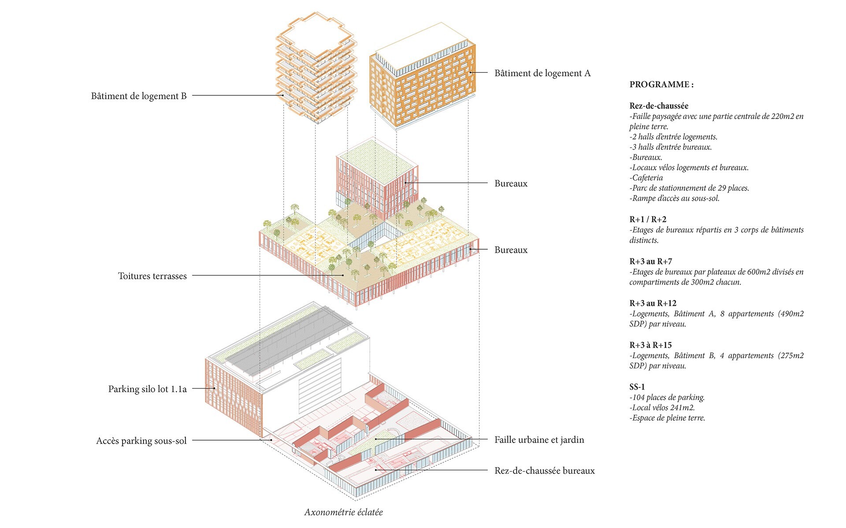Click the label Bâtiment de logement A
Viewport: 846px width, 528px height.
(542, 73)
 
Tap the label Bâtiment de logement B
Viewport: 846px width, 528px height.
(139, 96)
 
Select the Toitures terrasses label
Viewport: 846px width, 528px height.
(152, 276)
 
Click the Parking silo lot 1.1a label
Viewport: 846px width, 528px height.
(147, 389)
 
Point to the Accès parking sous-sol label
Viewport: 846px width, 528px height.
(141, 441)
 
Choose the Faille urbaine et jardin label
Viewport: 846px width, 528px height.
(539, 440)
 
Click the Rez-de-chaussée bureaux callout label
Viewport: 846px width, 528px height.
(544, 471)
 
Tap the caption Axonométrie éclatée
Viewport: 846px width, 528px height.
(343, 512)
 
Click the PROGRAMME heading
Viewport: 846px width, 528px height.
(661, 85)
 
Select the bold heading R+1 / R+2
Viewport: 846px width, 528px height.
(648, 219)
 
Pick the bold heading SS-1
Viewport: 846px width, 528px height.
(637, 387)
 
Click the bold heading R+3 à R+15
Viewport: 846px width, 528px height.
(650, 345)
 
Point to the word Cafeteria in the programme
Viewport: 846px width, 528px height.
(647, 178)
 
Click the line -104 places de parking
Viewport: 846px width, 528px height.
(667, 397)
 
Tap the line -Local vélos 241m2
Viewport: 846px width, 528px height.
(662, 408)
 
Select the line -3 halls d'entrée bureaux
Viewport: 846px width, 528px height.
(670, 147)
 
